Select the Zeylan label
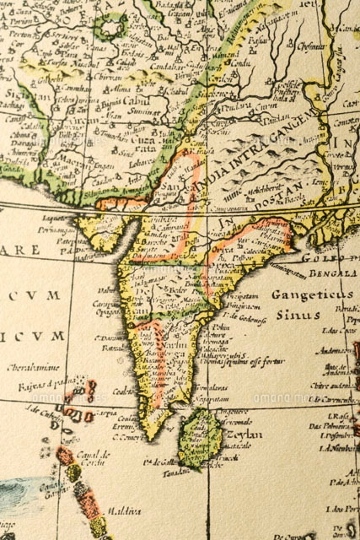244,435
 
